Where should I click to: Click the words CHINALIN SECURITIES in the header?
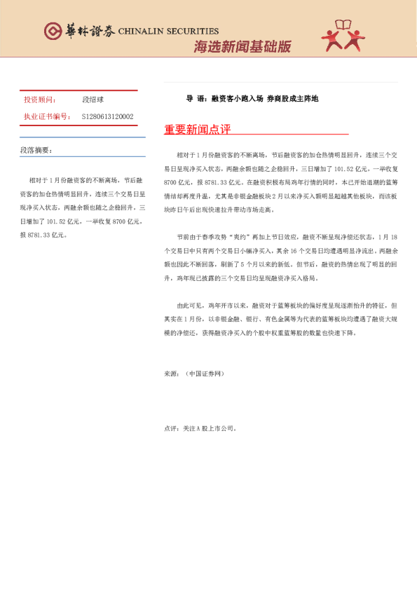click(168, 32)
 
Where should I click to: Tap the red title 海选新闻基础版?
click(242, 47)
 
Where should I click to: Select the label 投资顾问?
click(39, 100)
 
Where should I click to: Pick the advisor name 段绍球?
click(93, 100)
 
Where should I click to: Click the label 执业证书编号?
click(46, 116)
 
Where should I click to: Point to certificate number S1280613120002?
click(108, 116)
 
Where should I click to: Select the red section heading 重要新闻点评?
click(197, 130)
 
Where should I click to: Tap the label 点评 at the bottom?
click(171, 427)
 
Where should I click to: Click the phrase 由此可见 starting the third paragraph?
click(190, 306)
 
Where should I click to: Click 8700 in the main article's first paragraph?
click(172, 181)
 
